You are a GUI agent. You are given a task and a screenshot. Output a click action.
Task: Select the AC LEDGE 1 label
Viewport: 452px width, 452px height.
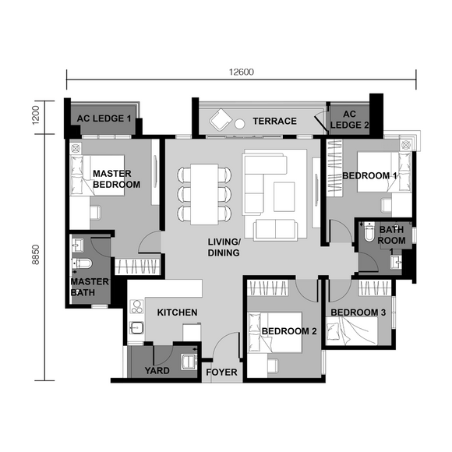tap(104, 119)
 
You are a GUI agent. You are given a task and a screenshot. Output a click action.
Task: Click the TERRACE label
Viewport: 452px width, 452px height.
tap(274, 121)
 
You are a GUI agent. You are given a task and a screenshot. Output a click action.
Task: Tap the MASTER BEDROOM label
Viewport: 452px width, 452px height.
tap(116, 178)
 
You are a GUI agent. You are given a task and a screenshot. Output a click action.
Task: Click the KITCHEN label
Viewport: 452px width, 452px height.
tap(177, 313)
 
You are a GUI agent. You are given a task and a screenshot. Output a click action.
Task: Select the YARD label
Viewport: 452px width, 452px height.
tap(157, 370)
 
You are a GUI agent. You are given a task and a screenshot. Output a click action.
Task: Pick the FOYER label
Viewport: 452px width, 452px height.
tap(221, 373)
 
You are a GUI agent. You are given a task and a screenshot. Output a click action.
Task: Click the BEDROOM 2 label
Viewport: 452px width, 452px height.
tap(289, 331)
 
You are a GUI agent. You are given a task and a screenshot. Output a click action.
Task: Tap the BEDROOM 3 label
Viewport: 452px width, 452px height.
tap(358, 313)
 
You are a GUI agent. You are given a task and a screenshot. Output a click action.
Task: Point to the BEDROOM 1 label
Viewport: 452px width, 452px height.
tap(371, 176)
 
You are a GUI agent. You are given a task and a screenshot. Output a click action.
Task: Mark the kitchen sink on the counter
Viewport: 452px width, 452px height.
tap(138, 328)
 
